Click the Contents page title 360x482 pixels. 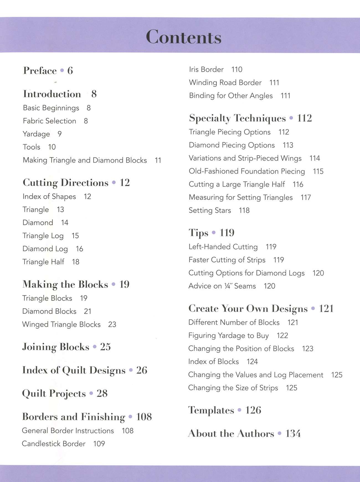click(184, 37)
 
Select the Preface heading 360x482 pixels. click(40, 71)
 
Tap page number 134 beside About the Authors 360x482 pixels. click(293, 434)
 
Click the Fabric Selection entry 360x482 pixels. click(50, 121)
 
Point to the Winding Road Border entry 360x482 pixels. click(225, 83)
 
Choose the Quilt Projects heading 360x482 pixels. click(54, 394)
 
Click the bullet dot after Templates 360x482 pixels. click(240, 410)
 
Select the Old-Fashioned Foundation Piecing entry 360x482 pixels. click(247, 171)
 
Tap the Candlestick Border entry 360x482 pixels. click(54, 444)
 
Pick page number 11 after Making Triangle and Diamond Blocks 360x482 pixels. click(158, 160)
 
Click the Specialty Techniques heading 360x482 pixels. click(237, 118)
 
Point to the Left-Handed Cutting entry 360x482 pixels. click(223, 247)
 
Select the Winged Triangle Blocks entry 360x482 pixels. click(61, 324)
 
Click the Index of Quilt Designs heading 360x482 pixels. click(74, 370)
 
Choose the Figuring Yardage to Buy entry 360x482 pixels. click(228, 336)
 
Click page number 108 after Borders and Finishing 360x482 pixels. click(144, 417)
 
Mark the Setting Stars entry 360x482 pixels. click(210, 211)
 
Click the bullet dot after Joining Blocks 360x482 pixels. click(95, 347)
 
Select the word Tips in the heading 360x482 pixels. click(198, 233)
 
